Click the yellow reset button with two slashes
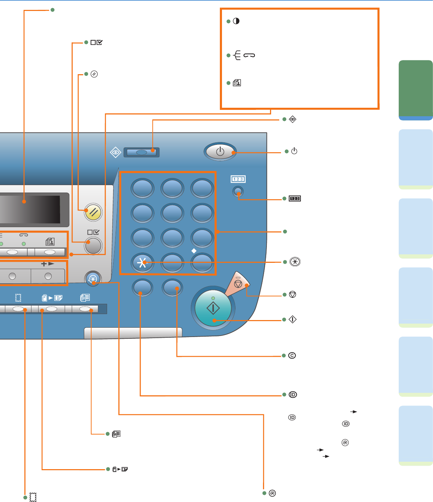(x=94, y=212)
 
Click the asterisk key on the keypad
(x=142, y=262)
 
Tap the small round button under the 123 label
(x=238, y=192)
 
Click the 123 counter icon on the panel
(x=238, y=179)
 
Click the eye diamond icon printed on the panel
(x=115, y=153)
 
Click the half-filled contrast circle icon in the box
(x=236, y=21)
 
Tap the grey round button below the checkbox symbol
(x=93, y=246)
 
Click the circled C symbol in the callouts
(x=292, y=355)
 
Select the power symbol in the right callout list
(x=294, y=151)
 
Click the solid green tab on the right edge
(x=416, y=88)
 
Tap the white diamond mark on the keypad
(x=194, y=251)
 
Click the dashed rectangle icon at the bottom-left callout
(x=33, y=497)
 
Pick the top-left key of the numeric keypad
(x=142, y=188)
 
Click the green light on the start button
(x=213, y=298)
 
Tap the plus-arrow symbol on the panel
(x=48, y=264)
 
